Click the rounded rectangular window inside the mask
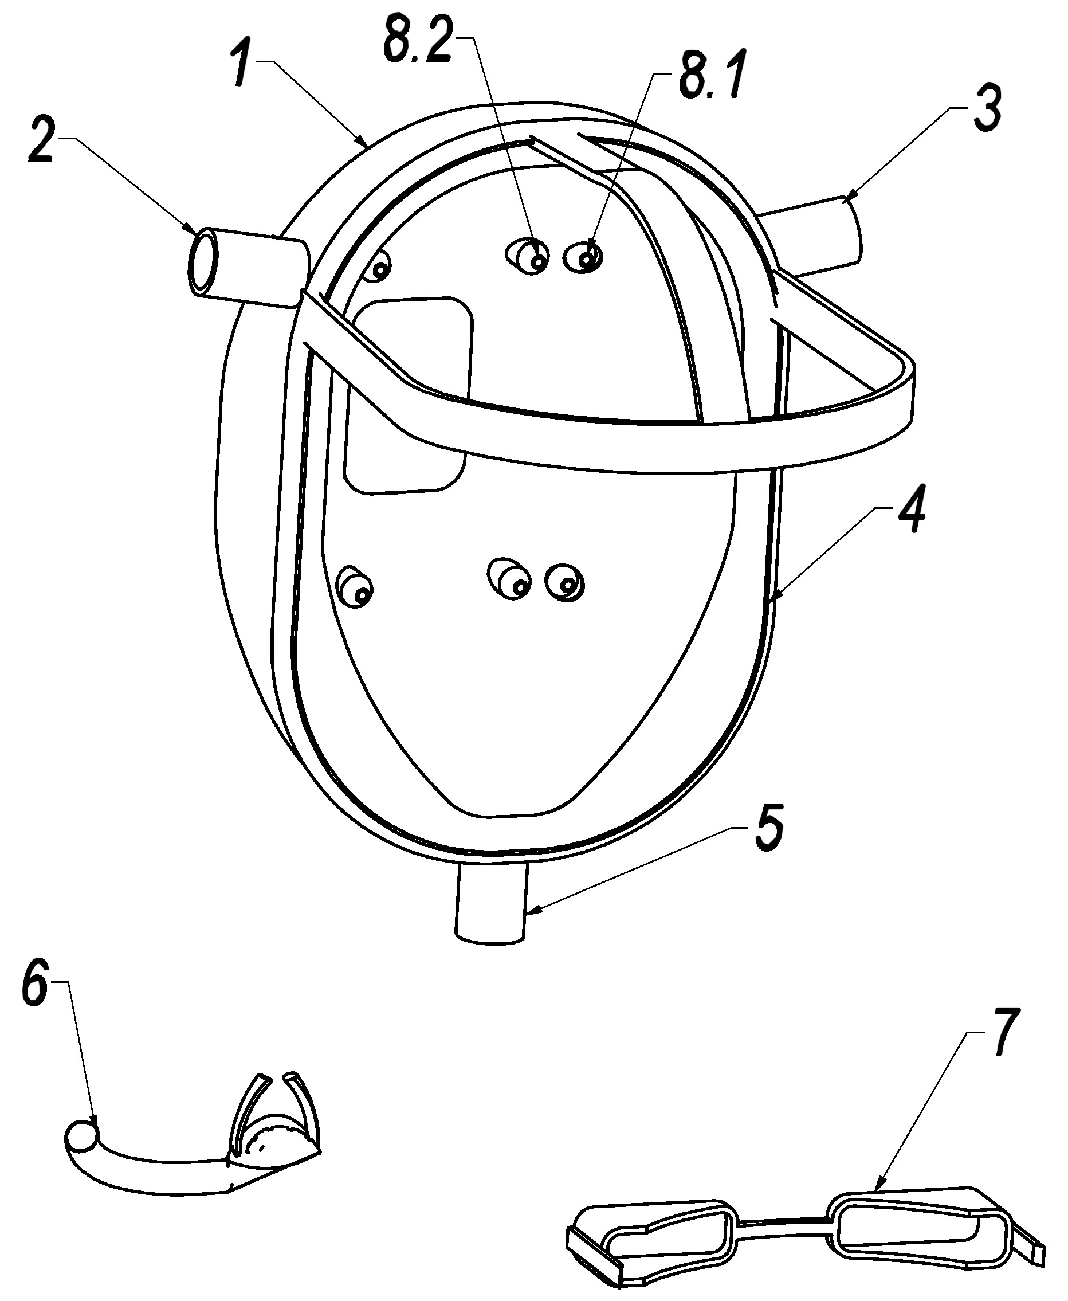point(408,394)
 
